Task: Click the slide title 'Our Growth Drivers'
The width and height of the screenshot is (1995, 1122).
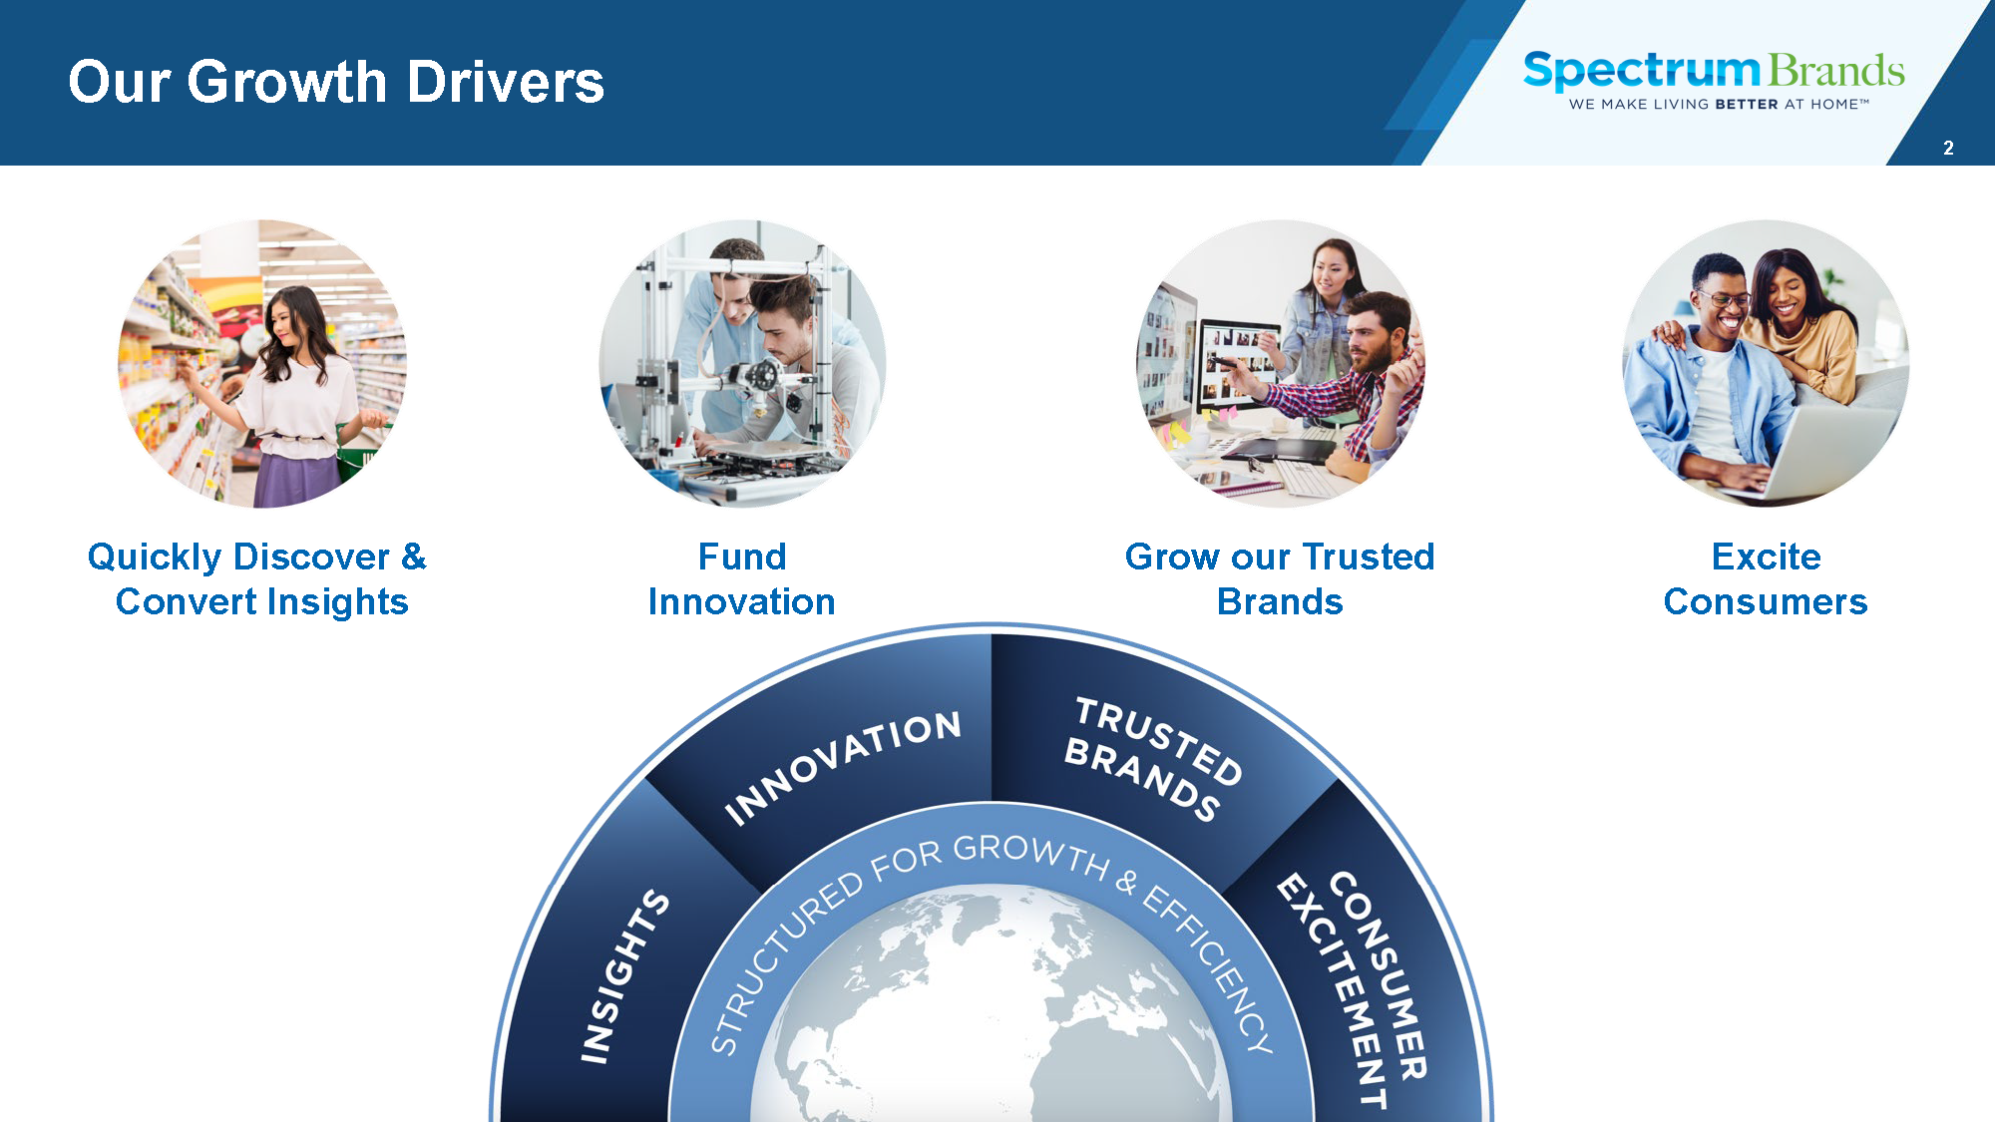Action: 336,82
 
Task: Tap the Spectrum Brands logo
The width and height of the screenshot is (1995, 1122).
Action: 1714,80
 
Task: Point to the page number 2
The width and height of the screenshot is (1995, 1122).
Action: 1948,148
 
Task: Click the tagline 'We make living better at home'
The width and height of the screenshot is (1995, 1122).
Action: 1719,104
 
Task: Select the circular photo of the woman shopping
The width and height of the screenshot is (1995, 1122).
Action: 262,364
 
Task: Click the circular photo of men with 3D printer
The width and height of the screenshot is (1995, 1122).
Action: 742,364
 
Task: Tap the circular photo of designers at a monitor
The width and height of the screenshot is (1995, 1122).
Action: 1281,364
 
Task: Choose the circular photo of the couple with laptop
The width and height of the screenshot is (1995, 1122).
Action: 1766,364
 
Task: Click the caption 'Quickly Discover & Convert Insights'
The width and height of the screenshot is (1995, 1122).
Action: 258,579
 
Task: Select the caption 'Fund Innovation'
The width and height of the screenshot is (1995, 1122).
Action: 742,579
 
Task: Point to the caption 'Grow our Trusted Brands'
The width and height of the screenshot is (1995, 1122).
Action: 1281,579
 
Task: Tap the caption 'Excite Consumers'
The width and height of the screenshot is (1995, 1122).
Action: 1766,579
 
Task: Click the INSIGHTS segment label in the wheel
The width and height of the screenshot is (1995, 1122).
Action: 624,976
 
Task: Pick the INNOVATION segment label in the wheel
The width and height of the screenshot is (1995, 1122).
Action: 843,767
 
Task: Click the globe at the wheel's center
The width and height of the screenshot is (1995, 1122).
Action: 992,1007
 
